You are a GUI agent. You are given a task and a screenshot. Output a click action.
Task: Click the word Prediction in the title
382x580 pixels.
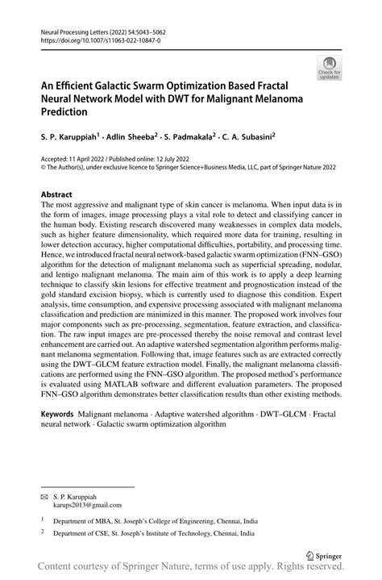[68, 112]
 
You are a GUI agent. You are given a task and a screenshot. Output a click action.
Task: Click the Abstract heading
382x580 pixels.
[56, 195]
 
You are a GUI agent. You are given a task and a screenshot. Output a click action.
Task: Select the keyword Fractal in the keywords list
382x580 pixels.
[324, 414]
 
